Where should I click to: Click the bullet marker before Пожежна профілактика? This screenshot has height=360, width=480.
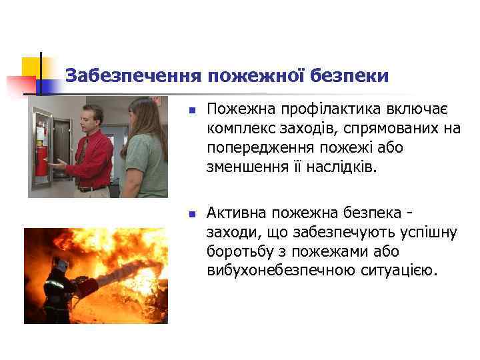[x=190, y=109]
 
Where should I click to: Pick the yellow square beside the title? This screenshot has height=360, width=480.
[x=31, y=67]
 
